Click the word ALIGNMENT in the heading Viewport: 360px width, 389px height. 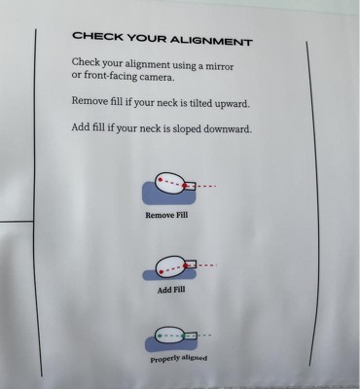pyautogui.click(x=211, y=41)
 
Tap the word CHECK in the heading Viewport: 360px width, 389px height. pyautogui.click(x=97, y=36)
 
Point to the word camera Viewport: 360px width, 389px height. pyautogui.click(x=158, y=78)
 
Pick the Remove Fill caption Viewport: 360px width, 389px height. pyautogui.click(x=166, y=215)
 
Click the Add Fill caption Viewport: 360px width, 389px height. pyautogui.click(x=171, y=290)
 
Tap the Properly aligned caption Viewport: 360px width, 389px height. pyautogui.click(x=179, y=359)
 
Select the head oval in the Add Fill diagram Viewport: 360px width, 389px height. pyautogui.click(x=170, y=266)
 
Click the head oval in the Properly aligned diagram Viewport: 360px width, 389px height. pyautogui.click(x=170, y=336)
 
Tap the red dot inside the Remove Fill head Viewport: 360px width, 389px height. pyautogui.click(x=160, y=179)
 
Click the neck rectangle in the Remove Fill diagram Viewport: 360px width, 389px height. pyautogui.click(x=190, y=186)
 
